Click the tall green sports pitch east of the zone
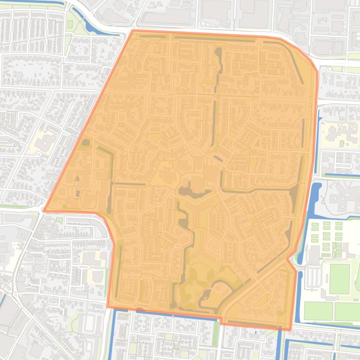[x=339, y=279]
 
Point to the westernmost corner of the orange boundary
[x=44, y=210]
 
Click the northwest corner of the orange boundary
[x=133, y=31]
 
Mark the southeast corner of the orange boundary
[x=291, y=329]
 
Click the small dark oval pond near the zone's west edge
[x=86, y=142]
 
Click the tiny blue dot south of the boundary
[x=256, y=333]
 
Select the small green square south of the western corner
[x=59, y=219]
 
